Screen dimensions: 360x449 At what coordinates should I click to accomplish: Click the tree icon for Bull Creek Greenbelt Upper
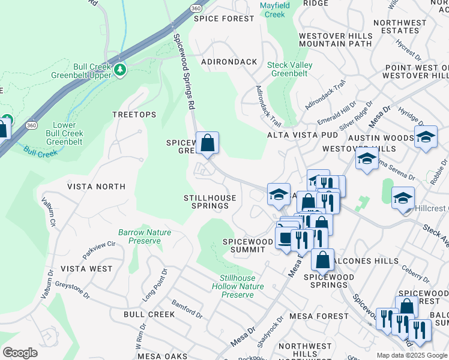(121, 70)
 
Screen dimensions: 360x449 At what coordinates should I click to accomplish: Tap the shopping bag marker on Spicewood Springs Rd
(207, 143)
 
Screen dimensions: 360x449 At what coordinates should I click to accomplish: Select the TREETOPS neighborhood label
(134, 115)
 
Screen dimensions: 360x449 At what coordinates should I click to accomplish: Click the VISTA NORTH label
(96, 187)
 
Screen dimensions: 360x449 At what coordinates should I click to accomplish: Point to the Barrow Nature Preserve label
(144, 236)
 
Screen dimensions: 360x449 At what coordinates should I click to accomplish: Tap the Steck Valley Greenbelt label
(287, 69)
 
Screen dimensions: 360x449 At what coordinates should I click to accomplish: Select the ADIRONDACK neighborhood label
(229, 62)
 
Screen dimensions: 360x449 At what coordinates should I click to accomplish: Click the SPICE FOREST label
(224, 19)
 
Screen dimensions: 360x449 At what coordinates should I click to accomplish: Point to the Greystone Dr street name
(72, 282)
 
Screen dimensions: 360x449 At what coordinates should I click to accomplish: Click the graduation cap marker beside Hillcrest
(403, 197)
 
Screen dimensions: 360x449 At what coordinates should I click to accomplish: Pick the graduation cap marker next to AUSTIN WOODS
(426, 137)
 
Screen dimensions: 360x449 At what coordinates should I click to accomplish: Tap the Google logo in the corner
(20, 353)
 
